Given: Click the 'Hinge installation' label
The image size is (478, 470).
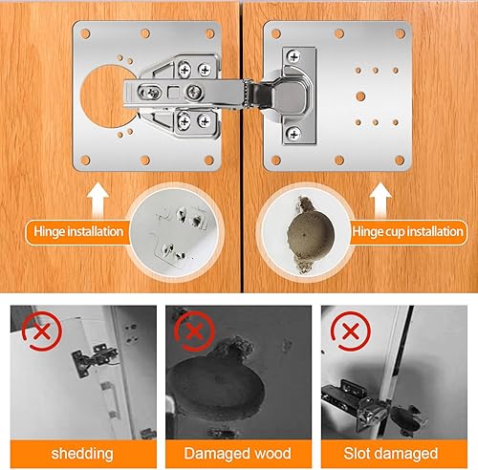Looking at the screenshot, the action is pos(78,231).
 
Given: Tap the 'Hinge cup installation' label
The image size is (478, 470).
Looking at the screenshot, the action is pos(407,231).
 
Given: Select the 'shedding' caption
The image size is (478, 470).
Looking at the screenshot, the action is pos(82,454).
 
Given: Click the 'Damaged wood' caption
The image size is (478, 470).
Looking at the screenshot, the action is pos(238,454).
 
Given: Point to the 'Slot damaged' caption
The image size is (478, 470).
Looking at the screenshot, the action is pos(391,454).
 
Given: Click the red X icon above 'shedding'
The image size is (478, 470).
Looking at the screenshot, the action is pos(42,331).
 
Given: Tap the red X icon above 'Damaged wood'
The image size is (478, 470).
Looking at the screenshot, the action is pos(194,331).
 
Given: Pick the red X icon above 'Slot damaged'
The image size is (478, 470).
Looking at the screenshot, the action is pos(351,331).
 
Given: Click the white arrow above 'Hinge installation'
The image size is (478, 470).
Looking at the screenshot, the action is pos(98,200).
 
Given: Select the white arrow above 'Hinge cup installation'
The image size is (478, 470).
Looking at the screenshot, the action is pos(380,200).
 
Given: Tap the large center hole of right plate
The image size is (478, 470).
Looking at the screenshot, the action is pos(360,96).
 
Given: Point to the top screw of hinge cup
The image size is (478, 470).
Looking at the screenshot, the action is pos(293,57).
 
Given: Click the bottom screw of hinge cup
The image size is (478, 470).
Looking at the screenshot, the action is pos(293,134).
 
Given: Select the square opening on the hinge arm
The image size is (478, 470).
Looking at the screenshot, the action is pos(174,92).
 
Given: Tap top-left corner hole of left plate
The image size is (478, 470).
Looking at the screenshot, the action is pos(85,33).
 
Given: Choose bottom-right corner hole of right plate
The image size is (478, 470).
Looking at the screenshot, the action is pos(400,160).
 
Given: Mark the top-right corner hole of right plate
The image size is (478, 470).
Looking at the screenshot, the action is pos(401,33).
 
